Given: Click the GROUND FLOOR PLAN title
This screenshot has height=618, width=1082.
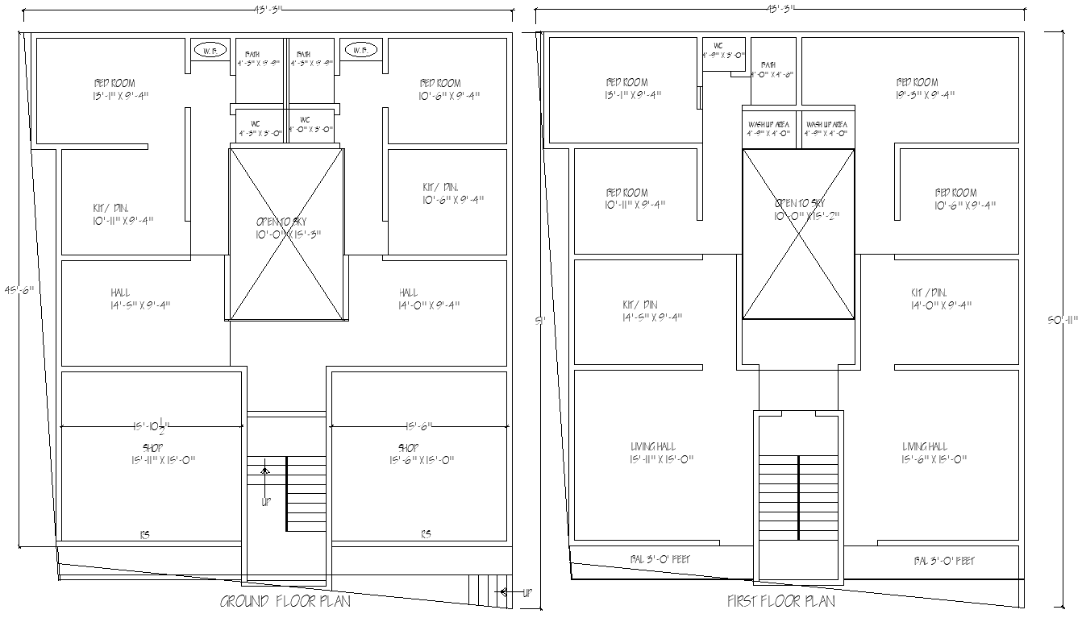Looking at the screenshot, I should point(285,601).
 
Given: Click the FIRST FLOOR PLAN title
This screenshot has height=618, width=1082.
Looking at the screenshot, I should point(780,601).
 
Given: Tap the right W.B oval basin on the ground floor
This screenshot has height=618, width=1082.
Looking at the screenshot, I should point(360,51).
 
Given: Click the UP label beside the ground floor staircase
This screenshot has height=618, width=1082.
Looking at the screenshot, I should point(265,501).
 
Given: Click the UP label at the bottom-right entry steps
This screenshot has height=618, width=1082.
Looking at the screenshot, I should point(527,592).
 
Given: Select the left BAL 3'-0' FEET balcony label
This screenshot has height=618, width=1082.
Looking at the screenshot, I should point(660,559).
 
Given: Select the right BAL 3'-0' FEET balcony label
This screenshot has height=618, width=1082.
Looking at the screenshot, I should point(944,560).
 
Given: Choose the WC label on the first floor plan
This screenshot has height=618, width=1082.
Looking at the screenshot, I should point(718,46).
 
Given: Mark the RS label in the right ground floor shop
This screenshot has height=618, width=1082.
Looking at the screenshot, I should point(426,533).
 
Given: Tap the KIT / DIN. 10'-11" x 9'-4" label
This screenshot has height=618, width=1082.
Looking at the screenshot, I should point(122,214).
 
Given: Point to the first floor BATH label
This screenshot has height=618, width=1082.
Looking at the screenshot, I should point(768,64).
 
